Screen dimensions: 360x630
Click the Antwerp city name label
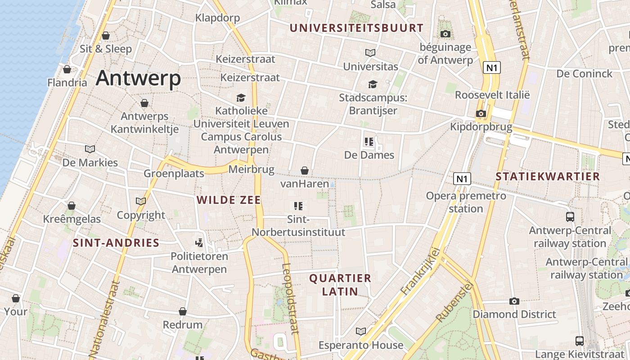[x=138, y=78]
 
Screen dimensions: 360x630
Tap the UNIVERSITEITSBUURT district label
[x=356, y=28]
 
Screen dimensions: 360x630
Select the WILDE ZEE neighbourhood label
[x=229, y=200]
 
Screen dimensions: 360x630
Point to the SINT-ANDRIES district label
[x=116, y=243]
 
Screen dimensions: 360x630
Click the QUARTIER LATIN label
[x=340, y=284]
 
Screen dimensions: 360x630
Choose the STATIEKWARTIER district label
[x=548, y=176]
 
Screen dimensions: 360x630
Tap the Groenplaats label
[x=174, y=173]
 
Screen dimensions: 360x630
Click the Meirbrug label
[x=251, y=169]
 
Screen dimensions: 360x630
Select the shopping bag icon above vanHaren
[x=305, y=171]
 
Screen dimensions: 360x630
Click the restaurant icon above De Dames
[x=369, y=142]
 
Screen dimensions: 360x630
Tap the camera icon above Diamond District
[x=514, y=301]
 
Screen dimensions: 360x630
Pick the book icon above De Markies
[x=90, y=149]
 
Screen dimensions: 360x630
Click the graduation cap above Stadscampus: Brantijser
[x=373, y=84]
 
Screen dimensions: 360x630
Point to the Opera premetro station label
[x=466, y=202]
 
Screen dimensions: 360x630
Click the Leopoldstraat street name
[x=290, y=298]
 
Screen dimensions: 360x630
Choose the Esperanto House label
[x=361, y=345]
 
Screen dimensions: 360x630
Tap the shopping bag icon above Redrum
[x=183, y=311]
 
